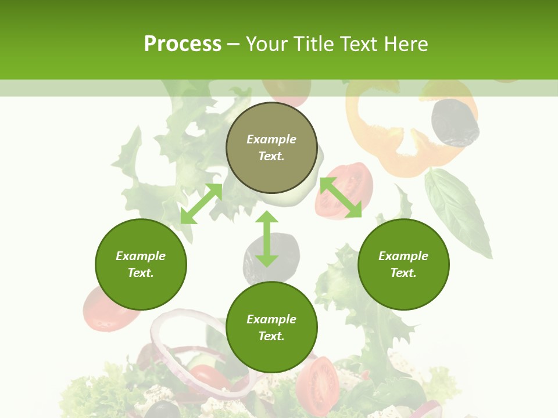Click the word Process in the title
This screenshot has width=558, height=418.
click(183, 44)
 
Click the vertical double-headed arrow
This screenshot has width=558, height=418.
click(267, 239)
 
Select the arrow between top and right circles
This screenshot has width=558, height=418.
click(341, 197)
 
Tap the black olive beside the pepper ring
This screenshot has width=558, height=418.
click(455, 122)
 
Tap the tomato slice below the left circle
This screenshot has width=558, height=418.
click(108, 311)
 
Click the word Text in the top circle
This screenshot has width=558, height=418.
click(271, 156)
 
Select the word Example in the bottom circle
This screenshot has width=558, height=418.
click(271, 319)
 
